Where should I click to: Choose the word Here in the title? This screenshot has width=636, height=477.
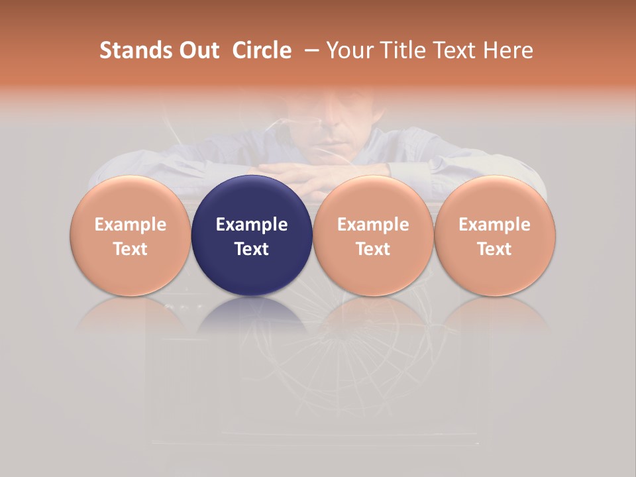click(509, 50)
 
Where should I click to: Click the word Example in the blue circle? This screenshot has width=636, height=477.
click(252, 225)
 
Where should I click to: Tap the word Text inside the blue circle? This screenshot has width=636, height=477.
click(252, 249)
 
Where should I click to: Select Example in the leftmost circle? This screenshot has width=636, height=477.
click(131, 225)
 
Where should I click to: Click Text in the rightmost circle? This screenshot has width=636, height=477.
click(495, 249)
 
